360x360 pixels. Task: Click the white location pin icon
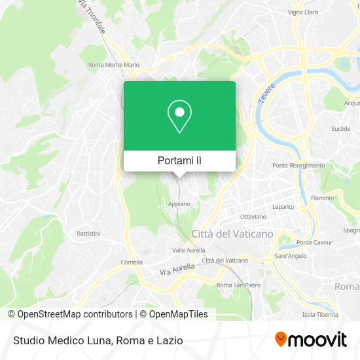(179, 117)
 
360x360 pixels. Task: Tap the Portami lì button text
(179, 160)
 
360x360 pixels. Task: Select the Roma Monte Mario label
(114, 65)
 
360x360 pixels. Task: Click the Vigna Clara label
(304, 12)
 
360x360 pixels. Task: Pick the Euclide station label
(340, 129)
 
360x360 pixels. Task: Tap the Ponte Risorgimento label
(298, 166)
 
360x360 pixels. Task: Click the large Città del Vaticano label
(232, 234)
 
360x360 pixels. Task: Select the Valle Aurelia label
(189, 250)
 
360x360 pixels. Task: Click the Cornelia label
(132, 262)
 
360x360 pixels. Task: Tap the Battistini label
(88, 233)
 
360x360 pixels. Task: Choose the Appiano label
(179, 204)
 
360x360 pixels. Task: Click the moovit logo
(311, 340)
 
